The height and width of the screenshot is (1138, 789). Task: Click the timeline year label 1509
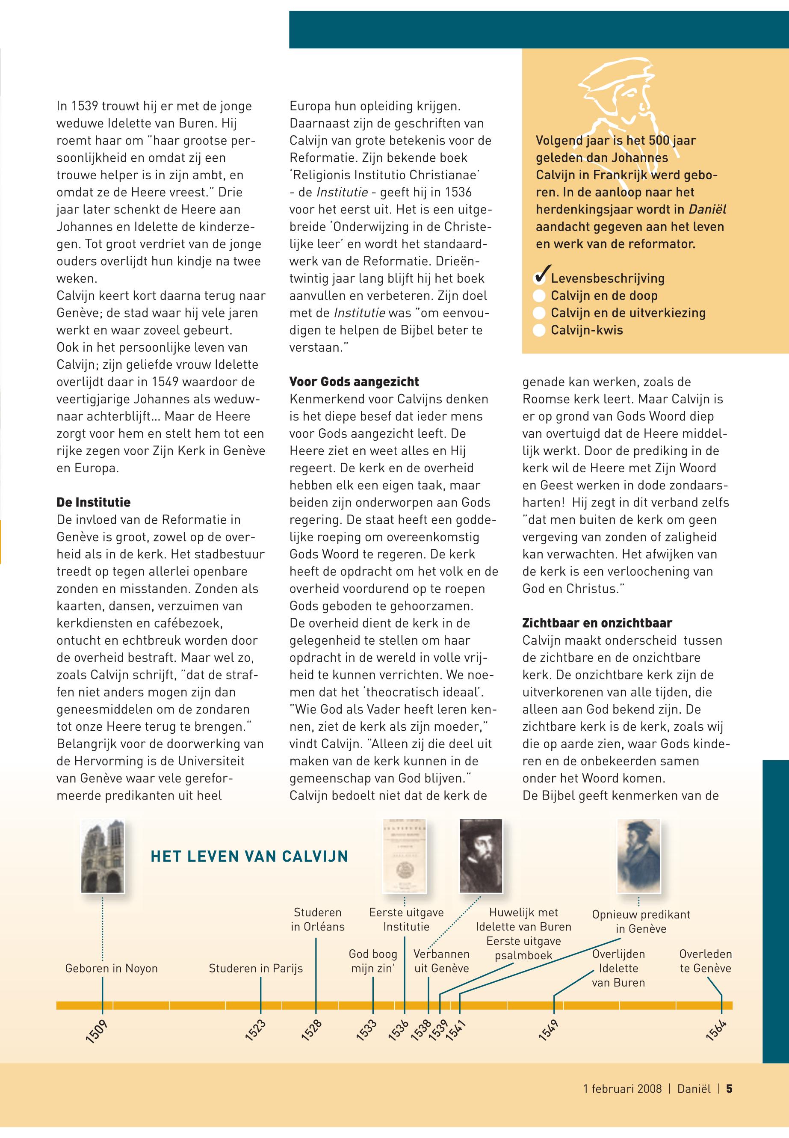click(x=96, y=1031)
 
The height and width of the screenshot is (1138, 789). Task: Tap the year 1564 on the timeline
click(x=716, y=1030)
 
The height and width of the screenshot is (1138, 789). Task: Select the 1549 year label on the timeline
click(x=548, y=1030)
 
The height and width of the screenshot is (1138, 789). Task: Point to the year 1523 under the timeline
click(x=256, y=1030)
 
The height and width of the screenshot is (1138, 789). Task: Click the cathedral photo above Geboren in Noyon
click(x=103, y=856)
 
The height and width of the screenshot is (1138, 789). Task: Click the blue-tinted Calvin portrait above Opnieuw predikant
click(x=639, y=856)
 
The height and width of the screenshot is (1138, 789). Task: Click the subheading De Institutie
click(x=93, y=503)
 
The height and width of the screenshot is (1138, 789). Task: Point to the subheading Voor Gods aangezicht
click(x=354, y=382)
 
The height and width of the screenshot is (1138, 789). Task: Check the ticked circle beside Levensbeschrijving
click(x=541, y=278)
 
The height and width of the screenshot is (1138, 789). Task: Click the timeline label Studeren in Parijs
click(x=256, y=968)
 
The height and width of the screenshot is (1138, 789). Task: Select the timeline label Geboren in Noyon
click(x=111, y=968)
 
